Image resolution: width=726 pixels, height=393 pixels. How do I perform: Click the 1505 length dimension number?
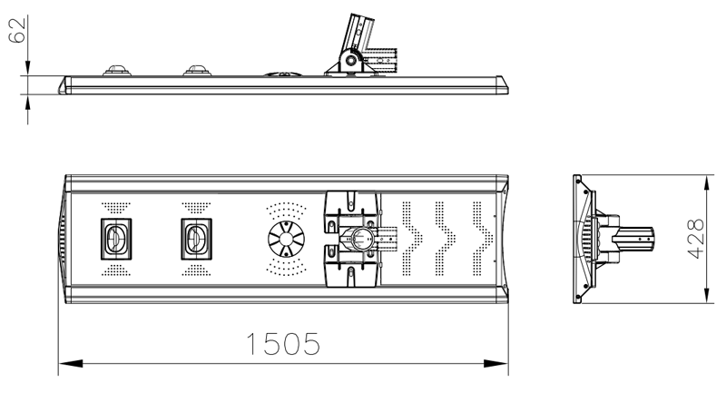pos(283,344)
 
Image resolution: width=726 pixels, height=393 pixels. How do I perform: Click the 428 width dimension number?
pos(696,239)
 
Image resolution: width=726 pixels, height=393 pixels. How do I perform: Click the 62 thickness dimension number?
pos(17,31)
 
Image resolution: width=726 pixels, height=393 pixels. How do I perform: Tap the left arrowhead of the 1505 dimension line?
pos(71,363)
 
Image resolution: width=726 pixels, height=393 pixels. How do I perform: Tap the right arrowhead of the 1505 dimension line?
pos(495,363)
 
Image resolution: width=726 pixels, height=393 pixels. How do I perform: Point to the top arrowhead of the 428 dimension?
pos(706,187)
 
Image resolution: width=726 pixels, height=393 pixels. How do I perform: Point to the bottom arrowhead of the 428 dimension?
pos(706,291)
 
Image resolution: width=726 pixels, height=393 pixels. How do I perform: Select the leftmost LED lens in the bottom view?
pos(116,239)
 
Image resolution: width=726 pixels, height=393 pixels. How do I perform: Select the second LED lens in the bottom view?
pos(196,239)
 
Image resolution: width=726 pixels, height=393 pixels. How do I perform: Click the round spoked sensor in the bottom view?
pos(286,239)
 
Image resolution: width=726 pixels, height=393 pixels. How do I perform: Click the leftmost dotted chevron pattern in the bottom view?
pos(411,239)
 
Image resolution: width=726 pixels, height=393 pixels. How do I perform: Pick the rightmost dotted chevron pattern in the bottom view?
pos(482,239)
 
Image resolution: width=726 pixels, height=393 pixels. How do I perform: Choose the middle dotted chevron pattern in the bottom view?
pos(446,239)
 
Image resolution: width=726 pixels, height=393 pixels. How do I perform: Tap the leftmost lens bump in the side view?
pos(117,71)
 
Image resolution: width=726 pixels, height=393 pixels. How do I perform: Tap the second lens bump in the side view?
pos(197,71)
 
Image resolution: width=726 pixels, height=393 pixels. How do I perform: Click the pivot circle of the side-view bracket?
pos(350,60)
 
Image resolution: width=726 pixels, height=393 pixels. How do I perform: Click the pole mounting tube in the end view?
pos(633,239)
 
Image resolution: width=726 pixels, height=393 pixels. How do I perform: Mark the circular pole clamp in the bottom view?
pos(359,239)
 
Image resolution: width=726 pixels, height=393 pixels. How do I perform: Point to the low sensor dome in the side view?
pos(283,74)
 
